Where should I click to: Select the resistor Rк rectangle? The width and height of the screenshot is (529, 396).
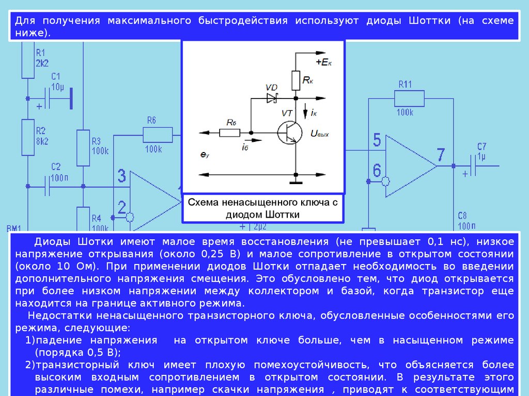click(295, 80)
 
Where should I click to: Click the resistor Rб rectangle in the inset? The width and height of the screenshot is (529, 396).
click(229, 133)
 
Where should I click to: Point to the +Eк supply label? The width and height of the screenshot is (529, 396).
click(324, 62)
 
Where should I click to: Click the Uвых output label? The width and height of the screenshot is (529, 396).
click(319, 134)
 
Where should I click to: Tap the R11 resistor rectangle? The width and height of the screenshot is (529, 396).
click(409, 98)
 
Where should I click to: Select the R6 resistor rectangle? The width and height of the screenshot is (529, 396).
click(157, 135)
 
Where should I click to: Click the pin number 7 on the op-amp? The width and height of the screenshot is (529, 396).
click(440, 155)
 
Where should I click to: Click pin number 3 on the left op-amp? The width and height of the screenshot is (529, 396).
click(121, 176)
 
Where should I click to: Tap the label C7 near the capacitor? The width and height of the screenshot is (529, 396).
click(482, 146)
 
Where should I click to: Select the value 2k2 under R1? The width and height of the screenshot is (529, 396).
click(42, 62)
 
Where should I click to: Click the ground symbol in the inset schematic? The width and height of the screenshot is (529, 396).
click(295, 180)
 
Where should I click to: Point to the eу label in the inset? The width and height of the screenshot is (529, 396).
click(205, 154)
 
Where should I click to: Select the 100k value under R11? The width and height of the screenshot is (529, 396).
click(404, 112)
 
